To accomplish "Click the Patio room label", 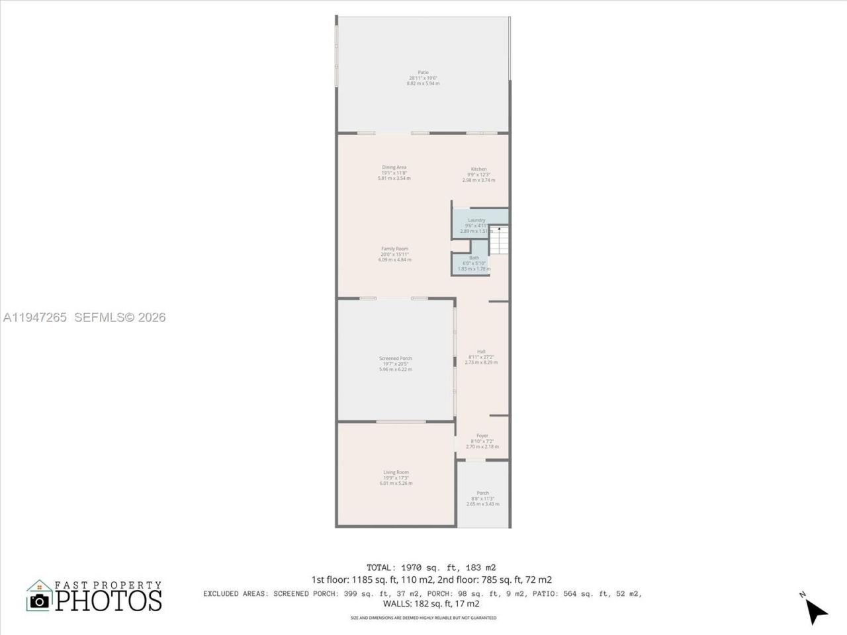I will tap(423, 72).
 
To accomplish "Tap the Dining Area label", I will tap(394, 167).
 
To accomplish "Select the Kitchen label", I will tap(478, 169).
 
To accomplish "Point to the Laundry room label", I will tap(476, 220).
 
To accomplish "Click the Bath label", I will tap(474, 258).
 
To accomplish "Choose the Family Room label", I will tap(394, 249).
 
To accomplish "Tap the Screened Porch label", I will tap(395, 359).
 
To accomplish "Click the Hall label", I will tap(481, 352).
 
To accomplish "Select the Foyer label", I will tap(482, 436).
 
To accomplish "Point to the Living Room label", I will tap(396, 472).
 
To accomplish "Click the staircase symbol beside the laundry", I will tap(500, 239).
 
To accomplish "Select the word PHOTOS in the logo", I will tap(109, 601).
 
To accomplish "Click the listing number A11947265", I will tap(34, 317).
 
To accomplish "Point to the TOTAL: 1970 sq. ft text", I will tap(431, 568).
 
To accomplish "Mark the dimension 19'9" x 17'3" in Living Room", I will tap(396, 478).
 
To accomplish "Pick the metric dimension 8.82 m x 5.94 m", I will tap(423, 83).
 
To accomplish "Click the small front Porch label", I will tap(483, 493).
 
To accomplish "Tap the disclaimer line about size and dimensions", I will tap(423, 618).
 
